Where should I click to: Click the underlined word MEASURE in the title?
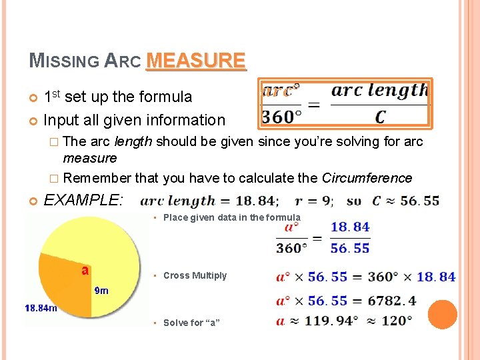(x=196, y=61)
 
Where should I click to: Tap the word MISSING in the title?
(x=64, y=61)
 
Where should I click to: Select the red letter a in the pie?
(x=85, y=270)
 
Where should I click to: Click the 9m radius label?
(x=101, y=291)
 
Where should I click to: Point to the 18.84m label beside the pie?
(x=41, y=308)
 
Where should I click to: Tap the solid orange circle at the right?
(x=442, y=315)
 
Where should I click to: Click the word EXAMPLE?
(x=83, y=199)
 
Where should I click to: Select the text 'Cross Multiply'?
(x=195, y=275)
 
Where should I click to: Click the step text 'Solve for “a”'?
(x=191, y=323)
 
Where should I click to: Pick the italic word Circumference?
(x=367, y=178)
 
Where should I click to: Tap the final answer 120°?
(x=397, y=321)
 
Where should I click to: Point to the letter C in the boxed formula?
(x=380, y=117)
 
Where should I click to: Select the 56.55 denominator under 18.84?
(x=350, y=248)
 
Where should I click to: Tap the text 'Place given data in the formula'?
(x=231, y=217)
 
